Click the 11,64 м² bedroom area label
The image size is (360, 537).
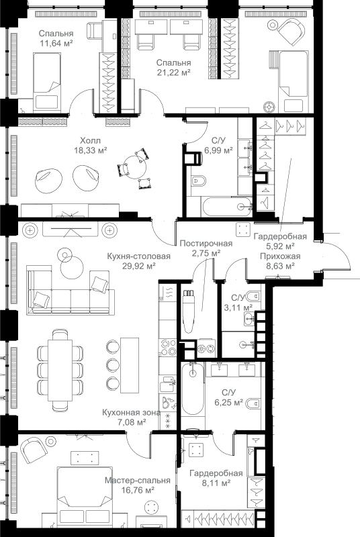coord(56,44)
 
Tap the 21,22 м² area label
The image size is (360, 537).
coord(174,72)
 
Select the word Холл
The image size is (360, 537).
coord(91,140)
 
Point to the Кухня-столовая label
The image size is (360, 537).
coord(139,256)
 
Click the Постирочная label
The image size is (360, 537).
coord(206,244)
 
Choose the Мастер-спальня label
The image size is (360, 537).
coord(138,481)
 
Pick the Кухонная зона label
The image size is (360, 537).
coord(131,413)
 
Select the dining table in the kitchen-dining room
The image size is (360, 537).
coord(60,370)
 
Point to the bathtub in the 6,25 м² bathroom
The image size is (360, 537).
coord(193,389)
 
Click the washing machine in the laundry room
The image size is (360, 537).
coord(206,348)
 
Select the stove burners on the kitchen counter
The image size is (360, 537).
coord(167,347)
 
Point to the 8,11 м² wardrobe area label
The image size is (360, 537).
coord(216,483)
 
